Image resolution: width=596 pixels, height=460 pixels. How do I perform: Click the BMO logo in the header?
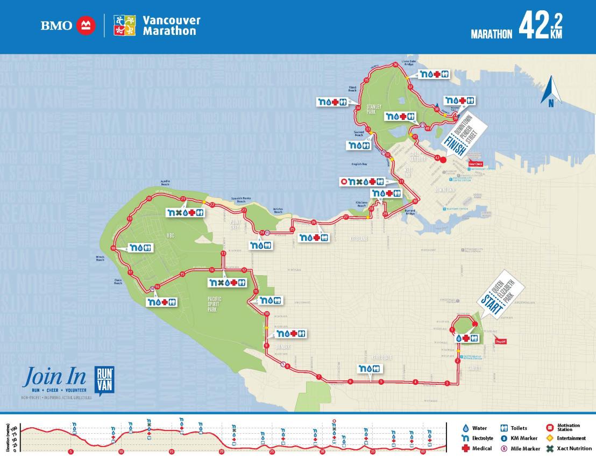[68, 25]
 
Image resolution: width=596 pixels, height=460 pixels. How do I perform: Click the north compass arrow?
[551, 92]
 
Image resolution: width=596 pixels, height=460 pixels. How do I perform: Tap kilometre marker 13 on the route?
[223, 253]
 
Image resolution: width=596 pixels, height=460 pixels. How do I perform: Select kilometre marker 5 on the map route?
[381, 382]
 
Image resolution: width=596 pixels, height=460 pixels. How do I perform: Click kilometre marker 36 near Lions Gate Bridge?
[395, 64]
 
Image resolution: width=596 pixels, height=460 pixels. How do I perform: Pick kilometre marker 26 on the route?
[314, 222]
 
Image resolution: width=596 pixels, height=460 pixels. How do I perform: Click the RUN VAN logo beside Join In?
[104, 379]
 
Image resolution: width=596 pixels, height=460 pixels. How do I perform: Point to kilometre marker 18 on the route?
[113, 248]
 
